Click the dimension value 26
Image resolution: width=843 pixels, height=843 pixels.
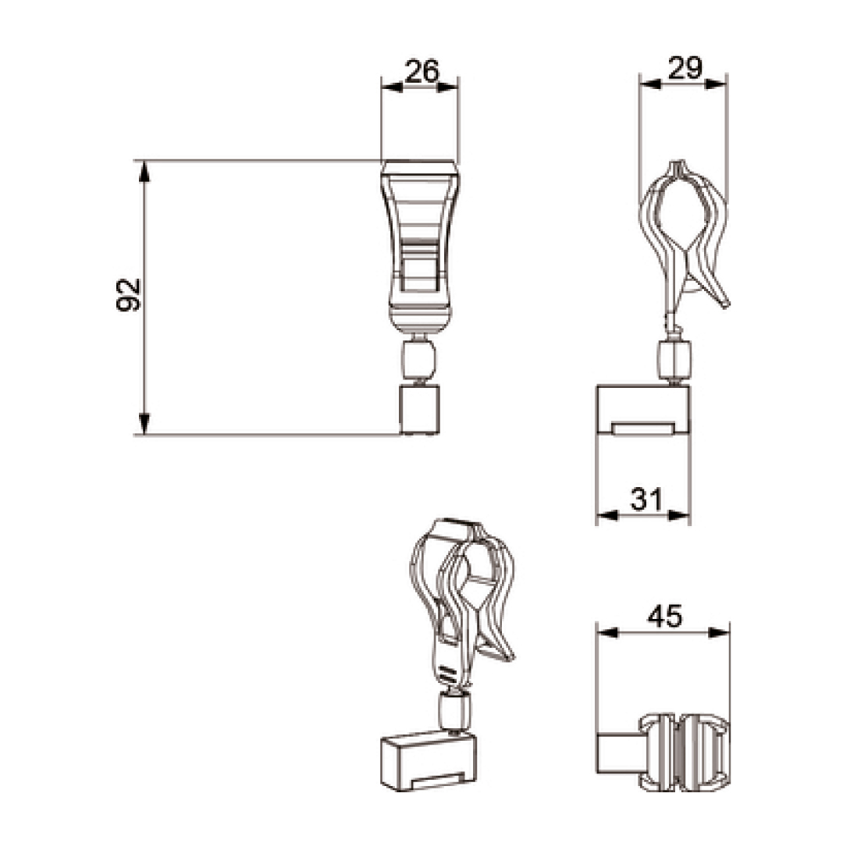tap(422, 71)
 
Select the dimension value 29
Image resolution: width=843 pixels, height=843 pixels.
tap(685, 68)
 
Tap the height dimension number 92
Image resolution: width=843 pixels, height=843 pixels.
tap(128, 294)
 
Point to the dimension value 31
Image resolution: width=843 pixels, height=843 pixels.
tap(646, 500)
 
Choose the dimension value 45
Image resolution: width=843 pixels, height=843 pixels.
tap(664, 616)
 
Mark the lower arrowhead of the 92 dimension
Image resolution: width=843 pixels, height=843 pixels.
tap(144, 423)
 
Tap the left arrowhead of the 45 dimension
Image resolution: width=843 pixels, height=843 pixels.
tap(608, 633)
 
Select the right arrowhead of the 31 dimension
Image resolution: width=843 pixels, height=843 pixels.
tap(678, 515)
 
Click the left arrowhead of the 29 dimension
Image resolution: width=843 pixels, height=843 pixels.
tap(650, 84)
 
